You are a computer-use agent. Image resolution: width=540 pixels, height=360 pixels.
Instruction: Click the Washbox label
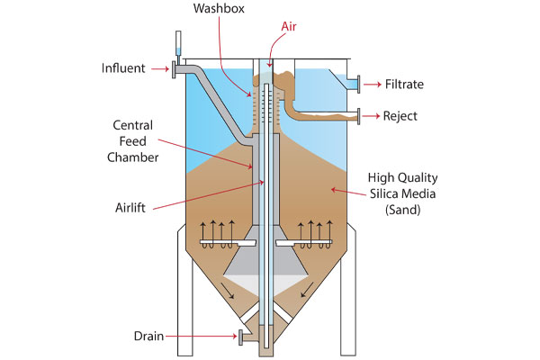click(220, 9)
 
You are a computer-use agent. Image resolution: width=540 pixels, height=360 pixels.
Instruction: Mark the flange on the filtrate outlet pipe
click(357, 84)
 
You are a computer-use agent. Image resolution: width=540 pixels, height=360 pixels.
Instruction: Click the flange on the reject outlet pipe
click(357, 115)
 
